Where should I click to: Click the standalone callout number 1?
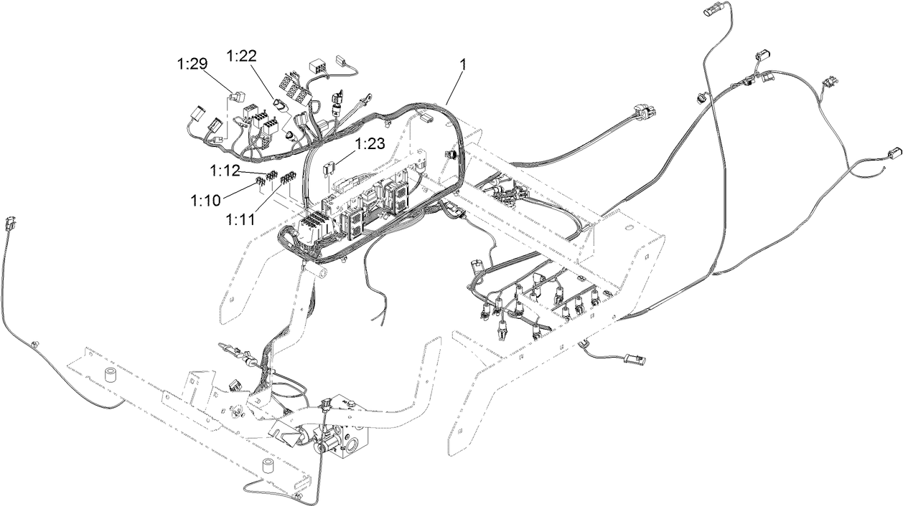463,65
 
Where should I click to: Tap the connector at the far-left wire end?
10,222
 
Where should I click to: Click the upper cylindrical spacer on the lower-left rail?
111,376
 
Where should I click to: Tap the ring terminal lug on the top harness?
369,92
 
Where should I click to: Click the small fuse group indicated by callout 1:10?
261,186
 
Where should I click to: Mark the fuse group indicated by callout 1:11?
288,178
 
